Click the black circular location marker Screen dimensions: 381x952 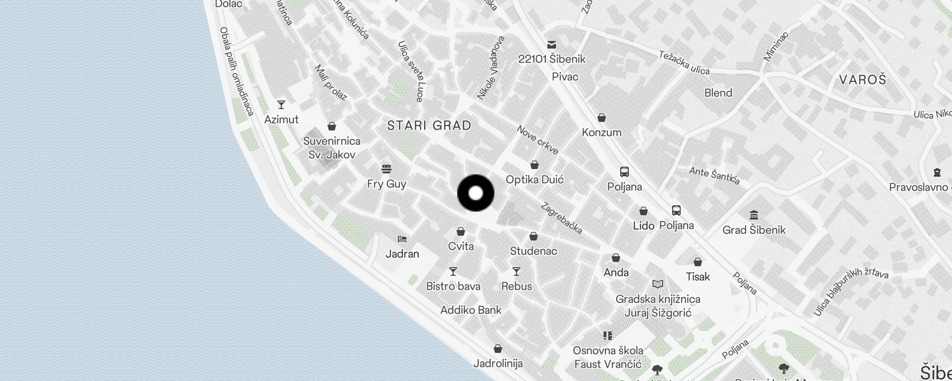pyautogui.click(x=476, y=193)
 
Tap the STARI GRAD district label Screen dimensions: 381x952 pyautogui.click(x=429, y=126)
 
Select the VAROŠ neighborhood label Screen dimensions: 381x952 pyautogui.click(x=863, y=80)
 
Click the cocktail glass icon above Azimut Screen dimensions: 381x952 pyautogui.click(x=281, y=105)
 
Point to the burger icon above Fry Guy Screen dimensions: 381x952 pyautogui.click(x=387, y=169)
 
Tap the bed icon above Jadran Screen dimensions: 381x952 pyautogui.click(x=402, y=239)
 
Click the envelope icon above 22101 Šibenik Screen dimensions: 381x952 pyautogui.click(x=552, y=45)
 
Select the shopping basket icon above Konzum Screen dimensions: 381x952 pyautogui.click(x=602, y=118)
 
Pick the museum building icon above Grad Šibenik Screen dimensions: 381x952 pyautogui.click(x=754, y=215)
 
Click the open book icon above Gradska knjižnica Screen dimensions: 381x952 pyautogui.click(x=658, y=284)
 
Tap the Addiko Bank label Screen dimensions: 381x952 pyautogui.click(x=471, y=311)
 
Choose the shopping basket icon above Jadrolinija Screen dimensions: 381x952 pyautogui.click(x=498, y=349)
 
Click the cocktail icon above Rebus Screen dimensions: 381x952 pyautogui.click(x=516, y=271)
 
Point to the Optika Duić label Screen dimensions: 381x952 pyautogui.click(x=535, y=180)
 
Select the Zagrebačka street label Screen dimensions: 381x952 pyautogui.click(x=562, y=219)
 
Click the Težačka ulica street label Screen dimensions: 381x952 pyautogui.click(x=684, y=63)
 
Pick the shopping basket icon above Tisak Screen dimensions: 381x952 pyautogui.click(x=698, y=262)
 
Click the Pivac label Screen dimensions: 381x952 pyautogui.click(x=565, y=77)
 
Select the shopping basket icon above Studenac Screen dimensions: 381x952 pyautogui.click(x=534, y=237)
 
